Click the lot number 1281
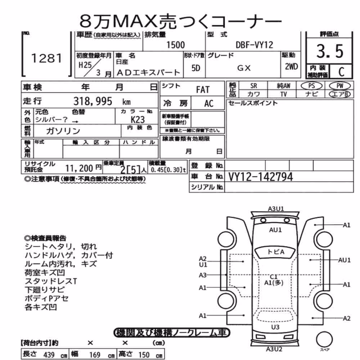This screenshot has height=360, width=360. [x=46, y=58]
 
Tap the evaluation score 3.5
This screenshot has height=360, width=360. [x=330, y=51]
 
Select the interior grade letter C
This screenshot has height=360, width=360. [x=341, y=72]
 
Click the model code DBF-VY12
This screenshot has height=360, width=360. [x=255, y=45]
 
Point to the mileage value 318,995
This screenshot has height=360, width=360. [x=93, y=101]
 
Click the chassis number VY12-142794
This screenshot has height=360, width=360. [x=261, y=177]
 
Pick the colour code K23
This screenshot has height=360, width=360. [x=138, y=120]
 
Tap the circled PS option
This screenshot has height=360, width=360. [x=311, y=86]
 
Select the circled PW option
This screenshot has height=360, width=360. [x=340, y=86]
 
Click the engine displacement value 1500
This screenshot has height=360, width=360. [x=175, y=45]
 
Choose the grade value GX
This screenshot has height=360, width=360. [x=244, y=68]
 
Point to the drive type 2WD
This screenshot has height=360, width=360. [x=291, y=67]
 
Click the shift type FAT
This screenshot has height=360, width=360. [x=203, y=90]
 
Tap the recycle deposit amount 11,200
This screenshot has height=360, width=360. [x=79, y=168]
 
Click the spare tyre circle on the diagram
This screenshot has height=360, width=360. [x=324, y=339]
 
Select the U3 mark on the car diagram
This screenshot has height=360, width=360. [x=275, y=327]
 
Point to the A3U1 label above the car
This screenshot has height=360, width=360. [x=276, y=209]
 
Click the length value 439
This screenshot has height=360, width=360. [x=49, y=355]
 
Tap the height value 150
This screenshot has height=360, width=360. [x=144, y=355]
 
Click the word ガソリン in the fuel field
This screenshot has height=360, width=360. [x=63, y=131]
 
